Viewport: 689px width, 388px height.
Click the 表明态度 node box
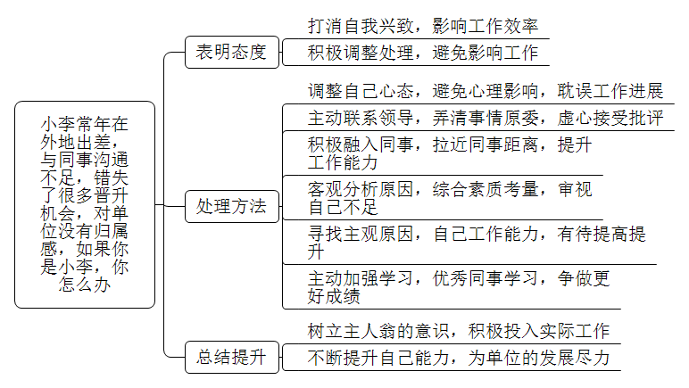[232, 53]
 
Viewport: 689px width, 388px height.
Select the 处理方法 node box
[232, 206]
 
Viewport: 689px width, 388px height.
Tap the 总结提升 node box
[232, 358]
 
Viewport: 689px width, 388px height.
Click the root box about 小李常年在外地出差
[85, 204]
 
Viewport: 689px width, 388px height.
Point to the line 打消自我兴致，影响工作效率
[423, 27]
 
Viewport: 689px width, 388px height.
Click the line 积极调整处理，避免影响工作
[423, 54]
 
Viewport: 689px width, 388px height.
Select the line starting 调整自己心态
[486, 91]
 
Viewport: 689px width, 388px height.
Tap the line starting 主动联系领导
[486, 118]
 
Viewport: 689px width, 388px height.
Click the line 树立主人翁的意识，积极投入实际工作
[459, 332]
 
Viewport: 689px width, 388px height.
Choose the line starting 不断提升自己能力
[459, 359]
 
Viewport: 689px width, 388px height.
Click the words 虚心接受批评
[610, 118]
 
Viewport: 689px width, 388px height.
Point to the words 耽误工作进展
[610, 91]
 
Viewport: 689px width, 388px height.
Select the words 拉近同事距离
[486, 144]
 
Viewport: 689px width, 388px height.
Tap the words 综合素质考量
[486, 190]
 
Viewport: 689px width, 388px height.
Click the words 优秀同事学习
[486, 278]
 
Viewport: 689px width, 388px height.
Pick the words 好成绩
[334, 297]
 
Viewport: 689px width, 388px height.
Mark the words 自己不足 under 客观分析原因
[343, 208]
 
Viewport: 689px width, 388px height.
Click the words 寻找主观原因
[361, 234]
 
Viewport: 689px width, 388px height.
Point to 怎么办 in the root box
[85, 285]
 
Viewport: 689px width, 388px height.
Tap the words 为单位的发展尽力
[539, 359]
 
